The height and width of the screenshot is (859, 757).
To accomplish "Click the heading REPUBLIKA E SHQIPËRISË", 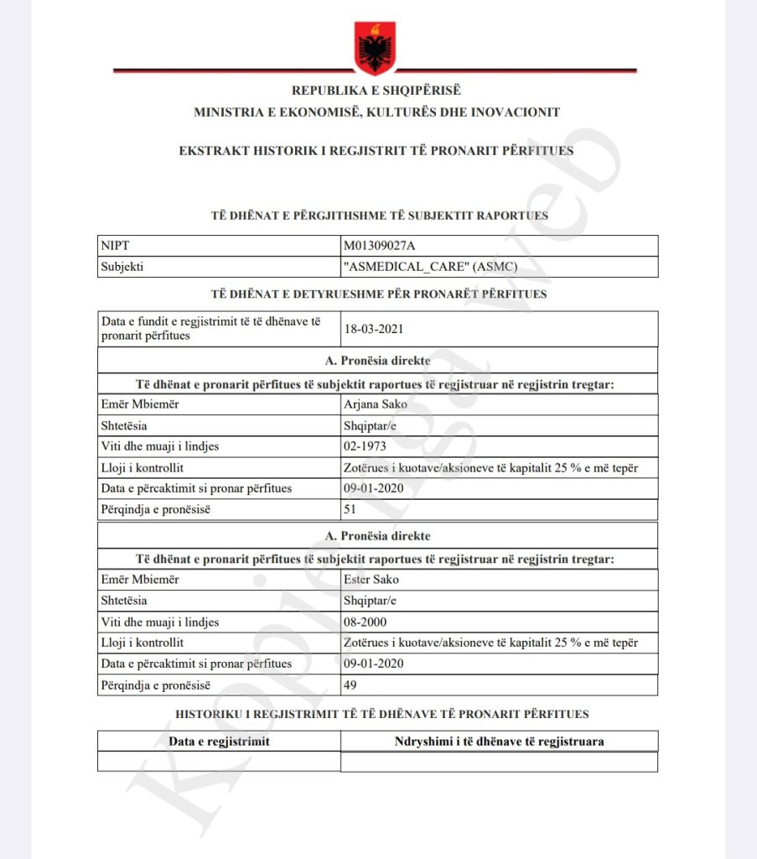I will [x=376, y=91].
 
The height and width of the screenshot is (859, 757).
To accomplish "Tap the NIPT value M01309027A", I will [x=379, y=245].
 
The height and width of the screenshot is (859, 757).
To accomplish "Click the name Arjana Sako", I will [x=375, y=404].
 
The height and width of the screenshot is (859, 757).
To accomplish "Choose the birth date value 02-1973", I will [x=366, y=446].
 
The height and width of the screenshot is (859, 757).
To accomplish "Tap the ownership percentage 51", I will [x=350, y=509].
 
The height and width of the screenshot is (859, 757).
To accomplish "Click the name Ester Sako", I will [x=371, y=579].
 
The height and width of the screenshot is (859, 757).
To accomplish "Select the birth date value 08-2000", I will [x=366, y=622].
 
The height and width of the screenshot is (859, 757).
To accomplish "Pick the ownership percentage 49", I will [x=350, y=685].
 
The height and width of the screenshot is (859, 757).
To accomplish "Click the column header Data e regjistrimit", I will [x=219, y=742].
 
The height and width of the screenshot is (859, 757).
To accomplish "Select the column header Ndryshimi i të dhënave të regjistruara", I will [x=499, y=742].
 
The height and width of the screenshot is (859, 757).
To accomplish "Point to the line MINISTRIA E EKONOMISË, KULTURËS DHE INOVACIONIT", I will [x=376, y=112].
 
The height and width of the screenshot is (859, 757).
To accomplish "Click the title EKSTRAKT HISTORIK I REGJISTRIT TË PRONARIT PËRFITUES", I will [x=376, y=151].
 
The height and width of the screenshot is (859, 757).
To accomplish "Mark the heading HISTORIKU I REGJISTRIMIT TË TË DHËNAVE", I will [x=381, y=714].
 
